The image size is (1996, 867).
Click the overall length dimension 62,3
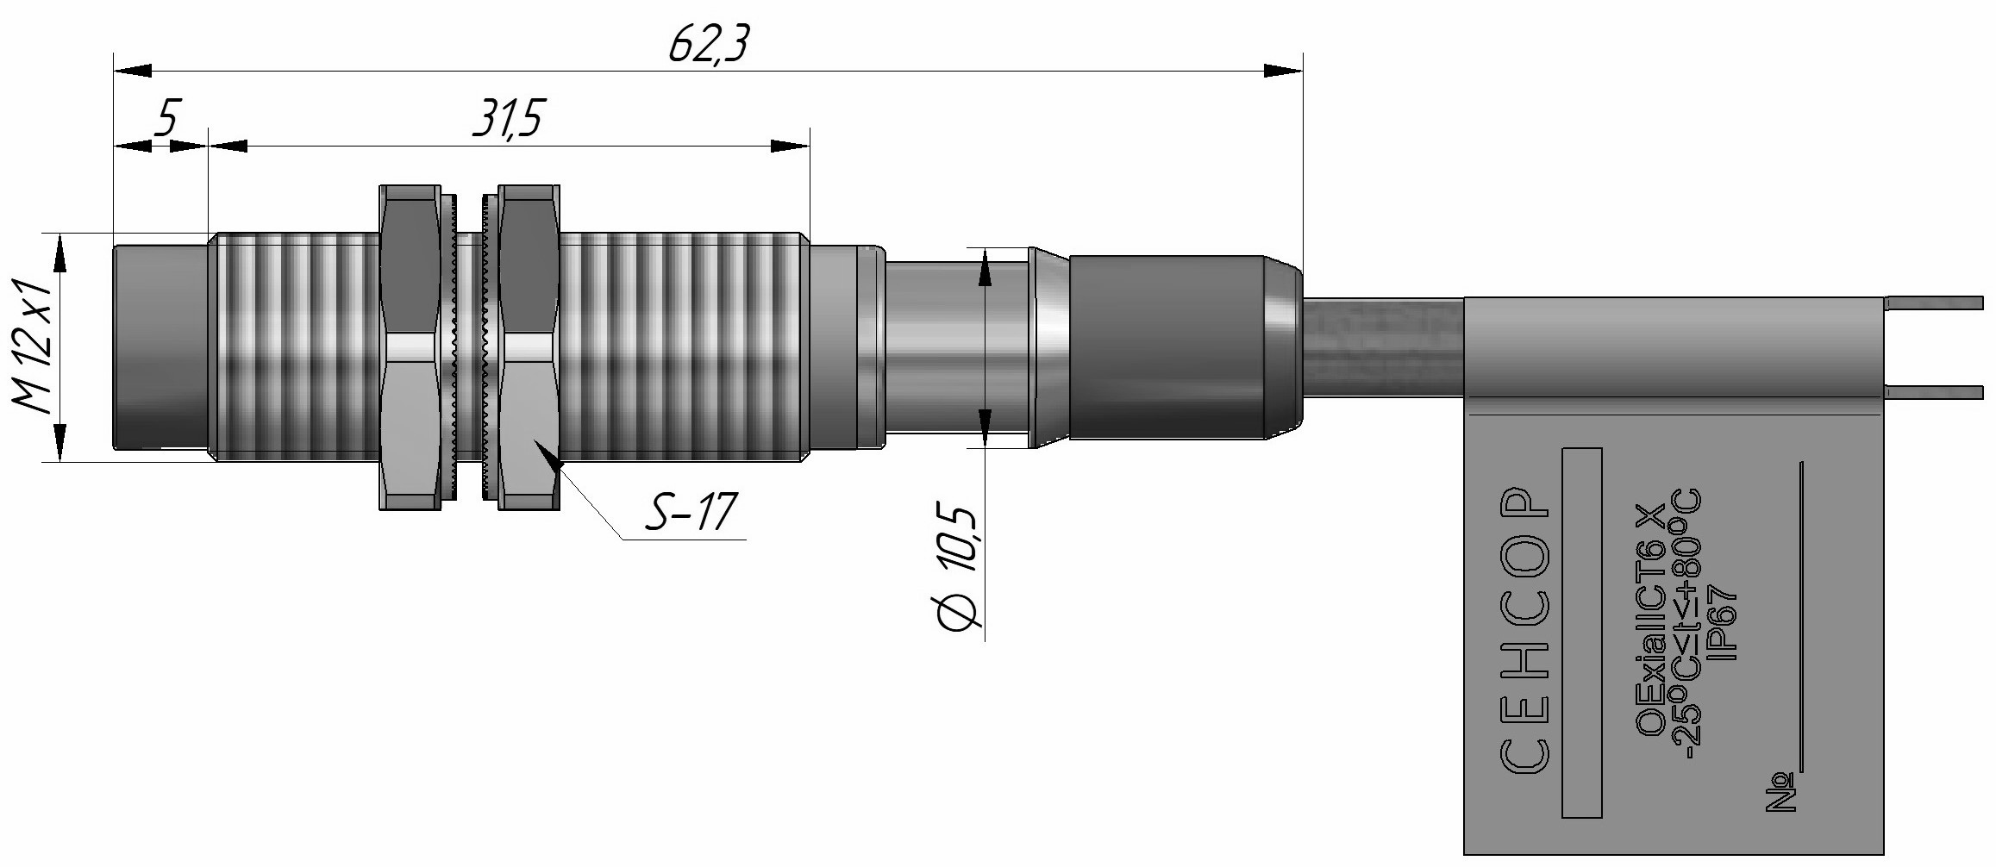point(707,45)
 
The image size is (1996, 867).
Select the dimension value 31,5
point(508,120)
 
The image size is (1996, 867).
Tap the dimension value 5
point(166,118)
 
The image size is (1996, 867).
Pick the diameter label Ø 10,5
point(959,569)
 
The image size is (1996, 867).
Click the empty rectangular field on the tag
point(1581,633)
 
